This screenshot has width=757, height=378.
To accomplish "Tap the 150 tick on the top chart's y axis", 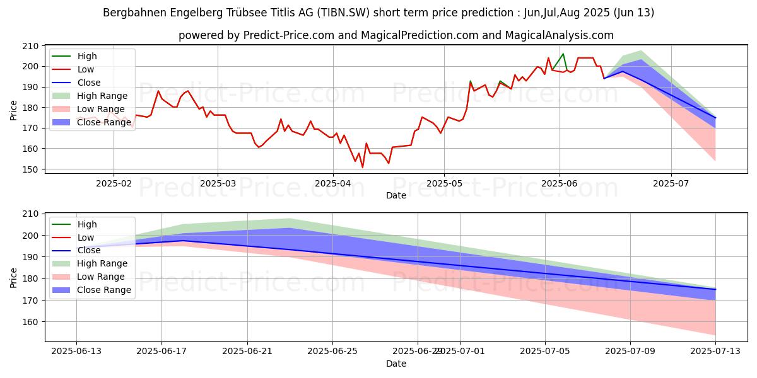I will (32, 169).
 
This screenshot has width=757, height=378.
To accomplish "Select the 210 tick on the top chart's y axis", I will (32, 46).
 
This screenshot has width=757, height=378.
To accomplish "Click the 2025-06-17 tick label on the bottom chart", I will (162, 351).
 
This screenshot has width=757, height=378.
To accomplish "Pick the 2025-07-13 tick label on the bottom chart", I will (715, 351).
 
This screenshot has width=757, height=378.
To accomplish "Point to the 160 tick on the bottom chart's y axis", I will (32, 322).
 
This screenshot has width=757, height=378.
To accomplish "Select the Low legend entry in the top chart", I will (86, 69).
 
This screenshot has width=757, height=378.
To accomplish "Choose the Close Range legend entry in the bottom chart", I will (103, 290).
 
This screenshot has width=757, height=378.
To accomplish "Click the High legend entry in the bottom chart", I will (87, 224).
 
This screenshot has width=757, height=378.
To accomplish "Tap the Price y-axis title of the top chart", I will (14, 110).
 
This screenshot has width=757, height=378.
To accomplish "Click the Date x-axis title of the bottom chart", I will (396, 364).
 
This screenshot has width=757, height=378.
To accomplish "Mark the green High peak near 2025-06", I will (563, 54).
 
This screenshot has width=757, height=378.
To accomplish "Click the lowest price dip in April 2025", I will (363, 167).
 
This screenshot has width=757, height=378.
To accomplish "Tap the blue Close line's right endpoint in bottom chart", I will (715, 289).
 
